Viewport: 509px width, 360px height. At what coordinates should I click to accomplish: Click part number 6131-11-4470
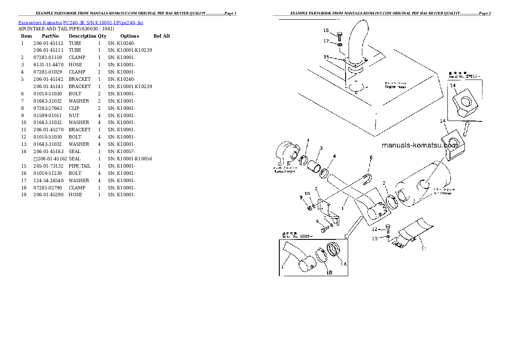click(x=47, y=65)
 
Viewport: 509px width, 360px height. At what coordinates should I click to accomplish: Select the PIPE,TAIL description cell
click(x=80, y=166)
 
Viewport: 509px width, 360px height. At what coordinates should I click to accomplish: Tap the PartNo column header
click(x=50, y=36)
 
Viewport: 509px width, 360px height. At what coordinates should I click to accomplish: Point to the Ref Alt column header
click(x=162, y=36)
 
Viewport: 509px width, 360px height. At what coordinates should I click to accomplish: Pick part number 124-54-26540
click(x=47, y=180)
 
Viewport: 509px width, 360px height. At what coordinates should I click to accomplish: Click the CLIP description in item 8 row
click(x=74, y=108)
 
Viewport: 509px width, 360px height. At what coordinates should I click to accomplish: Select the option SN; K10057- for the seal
click(x=121, y=151)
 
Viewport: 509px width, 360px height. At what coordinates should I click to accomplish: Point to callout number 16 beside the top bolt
click(x=326, y=30)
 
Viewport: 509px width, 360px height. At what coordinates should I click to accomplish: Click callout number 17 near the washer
click(x=326, y=41)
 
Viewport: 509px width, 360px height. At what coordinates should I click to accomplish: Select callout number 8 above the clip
click(x=371, y=158)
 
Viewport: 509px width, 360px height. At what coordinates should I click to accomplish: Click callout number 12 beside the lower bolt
click(x=374, y=230)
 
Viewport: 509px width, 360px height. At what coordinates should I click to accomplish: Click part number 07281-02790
click(x=47, y=188)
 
